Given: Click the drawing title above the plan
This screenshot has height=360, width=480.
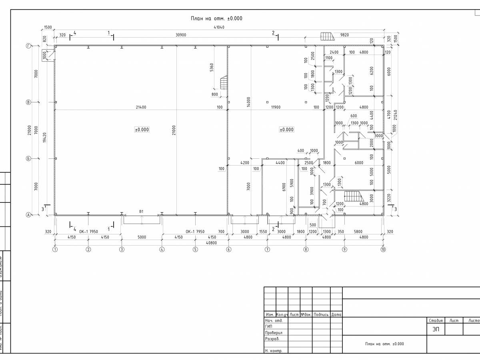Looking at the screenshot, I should coord(216,18).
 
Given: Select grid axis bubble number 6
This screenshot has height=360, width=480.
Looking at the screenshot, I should coord(228,250).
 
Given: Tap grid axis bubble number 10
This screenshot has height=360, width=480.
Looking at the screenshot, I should coord(383,250).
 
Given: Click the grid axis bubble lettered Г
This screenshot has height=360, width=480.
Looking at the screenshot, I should coord(28,46).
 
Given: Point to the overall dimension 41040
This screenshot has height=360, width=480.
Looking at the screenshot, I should coord(219,28).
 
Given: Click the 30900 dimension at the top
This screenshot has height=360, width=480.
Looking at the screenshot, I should coord(181,35).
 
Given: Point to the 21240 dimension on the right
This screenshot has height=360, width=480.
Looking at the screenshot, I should coord(395,115).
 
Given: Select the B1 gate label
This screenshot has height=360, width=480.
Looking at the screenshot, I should coord(141,211).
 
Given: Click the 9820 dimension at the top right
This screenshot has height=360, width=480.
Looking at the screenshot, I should coord(344,35).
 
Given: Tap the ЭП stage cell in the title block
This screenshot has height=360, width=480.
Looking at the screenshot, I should coord(436,329).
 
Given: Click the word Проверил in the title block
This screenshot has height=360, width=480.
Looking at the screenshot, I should coord(274,332).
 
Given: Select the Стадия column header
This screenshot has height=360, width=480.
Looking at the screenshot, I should coord(436,320).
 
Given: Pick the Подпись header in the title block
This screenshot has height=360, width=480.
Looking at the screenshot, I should coord(321,314).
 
